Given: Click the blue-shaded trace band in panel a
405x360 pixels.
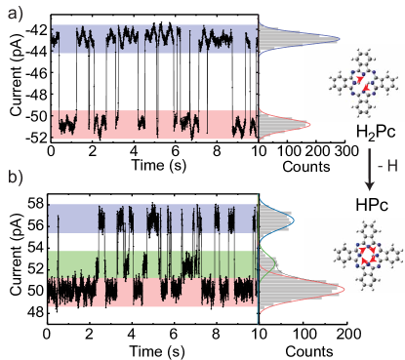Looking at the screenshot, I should (153, 39).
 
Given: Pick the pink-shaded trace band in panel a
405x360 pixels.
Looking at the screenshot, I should (153, 124).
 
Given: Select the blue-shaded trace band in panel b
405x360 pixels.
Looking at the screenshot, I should (153, 219).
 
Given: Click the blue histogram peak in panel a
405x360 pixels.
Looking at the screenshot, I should (327, 39).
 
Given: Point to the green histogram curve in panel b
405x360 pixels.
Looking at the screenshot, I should (270, 256).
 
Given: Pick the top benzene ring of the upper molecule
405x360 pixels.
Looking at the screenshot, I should (361, 58).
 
